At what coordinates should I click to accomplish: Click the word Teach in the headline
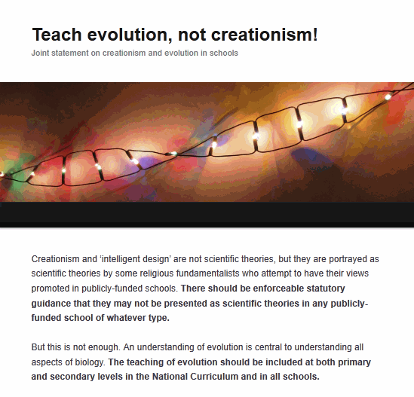pos(57,35)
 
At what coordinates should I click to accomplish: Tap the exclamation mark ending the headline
pos(315,35)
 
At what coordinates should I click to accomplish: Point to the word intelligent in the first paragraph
pos(121,259)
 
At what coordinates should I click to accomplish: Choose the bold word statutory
pos(326,289)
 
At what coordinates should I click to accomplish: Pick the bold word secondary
pos(72,377)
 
